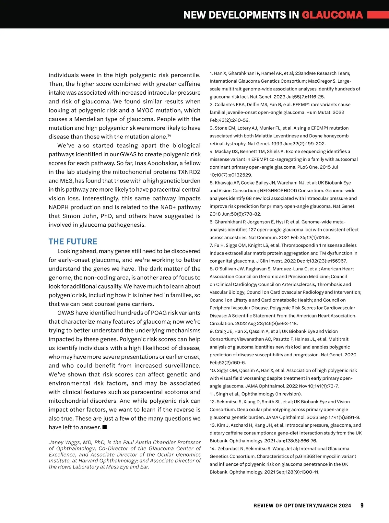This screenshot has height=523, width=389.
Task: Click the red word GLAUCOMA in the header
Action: [x=332, y=15]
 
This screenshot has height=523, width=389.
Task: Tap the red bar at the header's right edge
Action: [x=378, y=15]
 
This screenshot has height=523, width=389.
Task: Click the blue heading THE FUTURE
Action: [x=73, y=242]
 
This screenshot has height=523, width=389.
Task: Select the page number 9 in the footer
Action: [x=362, y=505]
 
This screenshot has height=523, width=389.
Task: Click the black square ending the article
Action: [x=105, y=427]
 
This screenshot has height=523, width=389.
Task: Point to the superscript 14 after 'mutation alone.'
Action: [x=169, y=135]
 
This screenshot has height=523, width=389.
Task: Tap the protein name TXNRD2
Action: [x=189, y=172]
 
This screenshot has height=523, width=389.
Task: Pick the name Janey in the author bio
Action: [x=56, y=442]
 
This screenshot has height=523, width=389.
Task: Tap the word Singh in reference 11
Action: [x=222, y=394]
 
